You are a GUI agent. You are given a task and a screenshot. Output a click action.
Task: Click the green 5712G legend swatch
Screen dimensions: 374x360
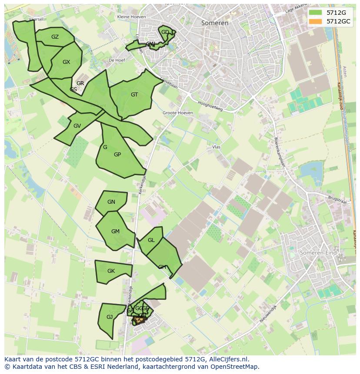coord(315,13)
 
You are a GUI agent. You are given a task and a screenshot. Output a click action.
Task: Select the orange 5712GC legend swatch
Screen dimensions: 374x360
coord(315,21)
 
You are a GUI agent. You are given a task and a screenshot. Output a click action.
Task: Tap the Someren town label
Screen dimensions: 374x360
coord(215,23)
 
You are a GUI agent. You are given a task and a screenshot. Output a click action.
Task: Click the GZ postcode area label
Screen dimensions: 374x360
coord(55,37)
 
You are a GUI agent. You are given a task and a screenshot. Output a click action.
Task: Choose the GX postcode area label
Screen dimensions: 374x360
coord(66,62)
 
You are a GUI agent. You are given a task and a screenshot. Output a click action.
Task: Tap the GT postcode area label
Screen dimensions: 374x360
coord(134,95)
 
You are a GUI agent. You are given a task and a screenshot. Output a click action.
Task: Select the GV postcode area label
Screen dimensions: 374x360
coord(77,126)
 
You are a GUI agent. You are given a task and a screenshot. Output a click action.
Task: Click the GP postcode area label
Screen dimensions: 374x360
coord(117,155)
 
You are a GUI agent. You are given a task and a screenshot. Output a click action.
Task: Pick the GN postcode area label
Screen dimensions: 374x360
coord(111,202)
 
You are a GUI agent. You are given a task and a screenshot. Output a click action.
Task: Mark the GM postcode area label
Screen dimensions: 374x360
coord(115,232)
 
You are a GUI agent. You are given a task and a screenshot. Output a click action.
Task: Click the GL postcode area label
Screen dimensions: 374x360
coord(151,240)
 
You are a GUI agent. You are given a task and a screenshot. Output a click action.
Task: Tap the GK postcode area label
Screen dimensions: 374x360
coord(111,271)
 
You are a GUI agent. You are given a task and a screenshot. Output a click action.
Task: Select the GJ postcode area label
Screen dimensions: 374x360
coord(110,317)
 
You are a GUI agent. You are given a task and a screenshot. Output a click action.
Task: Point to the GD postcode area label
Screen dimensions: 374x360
coord(165,32)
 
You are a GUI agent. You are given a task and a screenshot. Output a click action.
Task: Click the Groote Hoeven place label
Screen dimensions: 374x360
coord(178,113)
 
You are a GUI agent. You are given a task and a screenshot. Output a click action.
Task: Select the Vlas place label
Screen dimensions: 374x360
coord(217,147)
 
